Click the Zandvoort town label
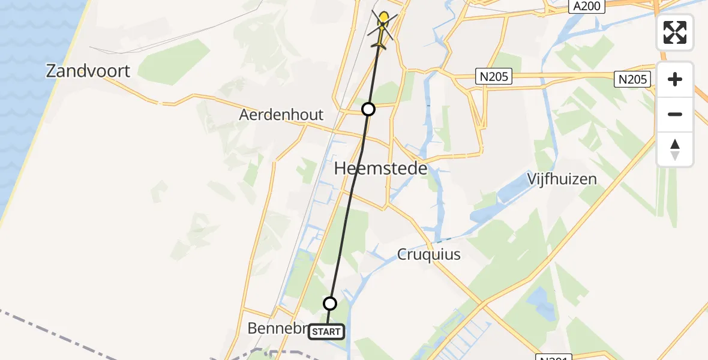point(88,71)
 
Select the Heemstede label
point(380,169)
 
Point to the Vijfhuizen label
point(562,179)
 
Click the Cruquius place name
point(429,254)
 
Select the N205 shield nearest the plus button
point(635,79)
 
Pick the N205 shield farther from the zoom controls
point(495,76)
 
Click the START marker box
point(326,332)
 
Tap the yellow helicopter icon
point(382,29)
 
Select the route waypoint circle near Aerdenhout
point(368,109)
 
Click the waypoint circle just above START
point(330,303)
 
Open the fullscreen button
point(675,32)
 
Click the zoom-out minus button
point(675,114)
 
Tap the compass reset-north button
point(675,149)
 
